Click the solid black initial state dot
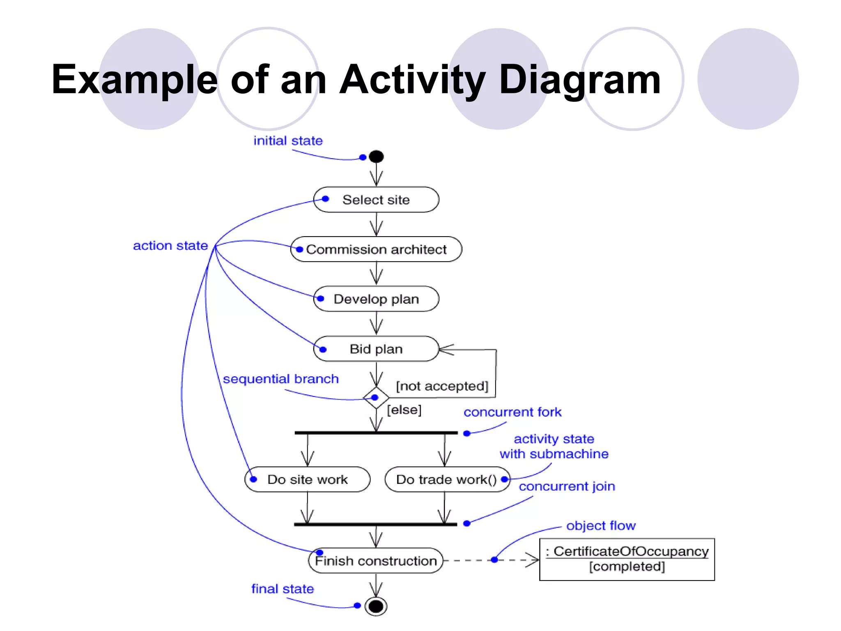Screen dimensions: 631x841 376,157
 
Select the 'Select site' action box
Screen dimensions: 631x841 376,200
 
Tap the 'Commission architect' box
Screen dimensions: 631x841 376,249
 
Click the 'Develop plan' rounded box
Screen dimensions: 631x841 376,299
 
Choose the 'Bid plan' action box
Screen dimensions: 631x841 376,349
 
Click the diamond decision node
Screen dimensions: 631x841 376,398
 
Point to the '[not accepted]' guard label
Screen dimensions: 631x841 442,386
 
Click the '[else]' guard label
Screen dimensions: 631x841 404,410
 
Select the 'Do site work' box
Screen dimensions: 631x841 307,479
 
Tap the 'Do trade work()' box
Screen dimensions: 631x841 447,479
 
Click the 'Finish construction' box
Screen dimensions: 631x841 376,561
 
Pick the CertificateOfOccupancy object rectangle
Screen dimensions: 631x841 627,559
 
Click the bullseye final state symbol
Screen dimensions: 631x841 376,606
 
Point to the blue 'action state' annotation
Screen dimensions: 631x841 170,246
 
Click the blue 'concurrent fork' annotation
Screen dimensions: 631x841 512,412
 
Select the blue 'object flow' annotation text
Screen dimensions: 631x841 601,525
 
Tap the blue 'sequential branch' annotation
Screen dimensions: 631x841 281,379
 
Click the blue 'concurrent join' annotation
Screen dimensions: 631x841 567,486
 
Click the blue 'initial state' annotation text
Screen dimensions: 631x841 288,141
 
